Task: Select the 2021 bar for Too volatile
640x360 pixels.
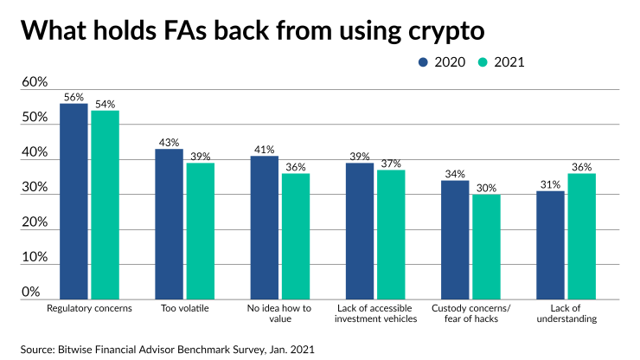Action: (200, 230)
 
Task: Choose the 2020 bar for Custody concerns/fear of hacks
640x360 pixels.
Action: (455, 239)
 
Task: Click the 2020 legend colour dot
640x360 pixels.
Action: (424, 61)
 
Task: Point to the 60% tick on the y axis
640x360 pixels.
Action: (35, 82)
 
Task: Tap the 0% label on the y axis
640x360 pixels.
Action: (32, 292)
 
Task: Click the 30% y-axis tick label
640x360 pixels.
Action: (35, 187)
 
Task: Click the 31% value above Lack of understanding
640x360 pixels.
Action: (550, 184)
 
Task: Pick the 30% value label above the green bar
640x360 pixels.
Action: (486, 188)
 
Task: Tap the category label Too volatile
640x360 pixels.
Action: (184, 308)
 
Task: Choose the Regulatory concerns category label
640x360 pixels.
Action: (88, 308)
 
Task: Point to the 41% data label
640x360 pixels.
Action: (265, 150)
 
